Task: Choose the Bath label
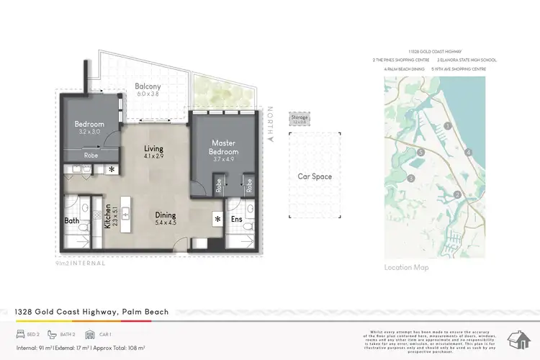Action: tap(71, 220)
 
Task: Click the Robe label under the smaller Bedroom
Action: tap(91, 154)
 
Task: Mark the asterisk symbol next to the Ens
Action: tap(217, 219)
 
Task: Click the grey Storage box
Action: tap(299, 118)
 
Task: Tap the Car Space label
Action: tap(315, 176)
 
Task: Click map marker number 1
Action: tap(448, 125)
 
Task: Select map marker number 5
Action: tap(420, 153)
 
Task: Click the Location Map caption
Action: tap(407, 267)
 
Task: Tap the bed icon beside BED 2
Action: tap(19, 335)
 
